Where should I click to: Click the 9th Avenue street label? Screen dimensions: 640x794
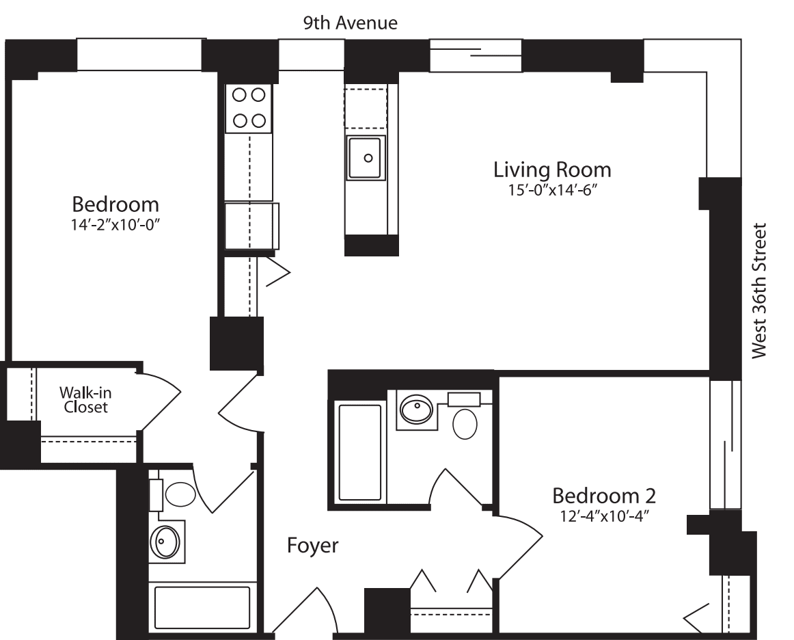351,23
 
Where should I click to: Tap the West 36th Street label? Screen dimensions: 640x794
760,291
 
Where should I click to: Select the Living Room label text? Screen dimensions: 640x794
552,169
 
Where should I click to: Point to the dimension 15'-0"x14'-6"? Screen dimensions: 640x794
552,190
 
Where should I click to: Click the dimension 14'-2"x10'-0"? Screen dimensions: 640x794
115,223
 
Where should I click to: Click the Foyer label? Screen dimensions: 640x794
312,546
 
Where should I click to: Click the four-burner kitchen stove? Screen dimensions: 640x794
249,108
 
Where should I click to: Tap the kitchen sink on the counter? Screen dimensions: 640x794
367,158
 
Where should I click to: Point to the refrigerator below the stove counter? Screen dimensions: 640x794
251,226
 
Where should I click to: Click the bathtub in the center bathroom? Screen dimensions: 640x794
360,452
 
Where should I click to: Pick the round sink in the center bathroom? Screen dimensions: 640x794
416,410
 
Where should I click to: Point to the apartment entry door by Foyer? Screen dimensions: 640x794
309,610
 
